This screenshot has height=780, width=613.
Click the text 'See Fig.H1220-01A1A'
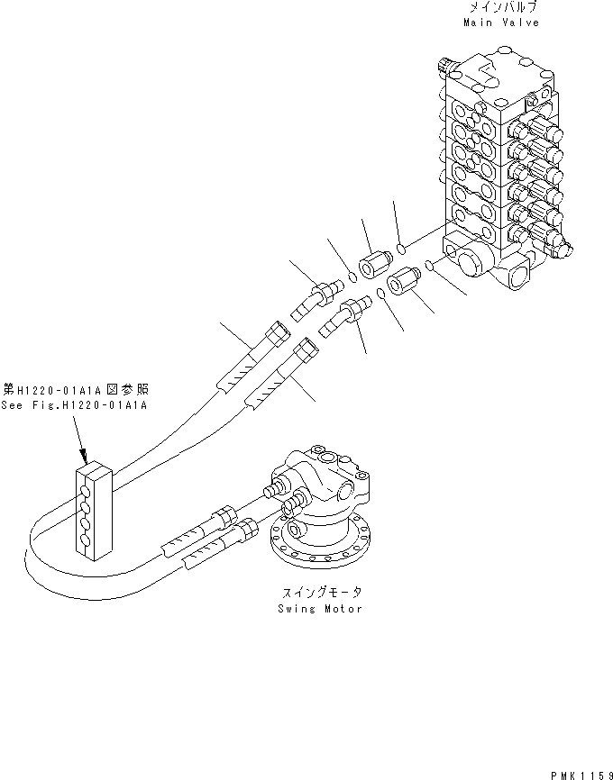[x=75, y=404]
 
